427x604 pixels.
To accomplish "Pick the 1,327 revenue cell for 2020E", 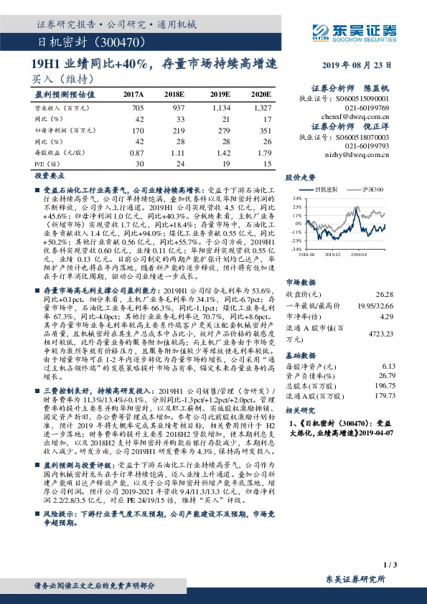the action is click(262, 108).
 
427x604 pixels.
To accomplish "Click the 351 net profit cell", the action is click(265, 131).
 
